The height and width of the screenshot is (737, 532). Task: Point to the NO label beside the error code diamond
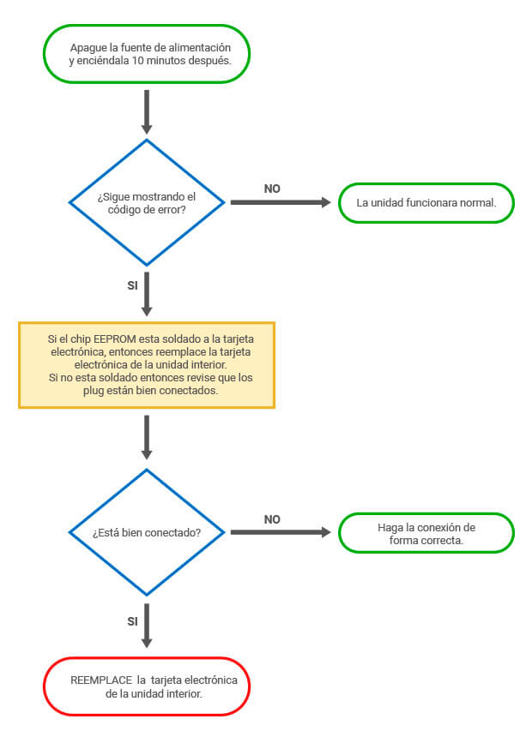pos(272,189)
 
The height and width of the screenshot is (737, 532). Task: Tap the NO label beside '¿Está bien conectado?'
pos(272,519)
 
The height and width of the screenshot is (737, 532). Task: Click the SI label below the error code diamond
pos(133,285)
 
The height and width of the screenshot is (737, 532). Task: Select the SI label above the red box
pos(133,621)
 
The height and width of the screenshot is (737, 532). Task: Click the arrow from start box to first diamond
pos(147,112)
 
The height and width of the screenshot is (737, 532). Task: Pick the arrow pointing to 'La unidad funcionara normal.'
pos(281,202)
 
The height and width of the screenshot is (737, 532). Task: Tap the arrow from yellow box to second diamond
pos(147,437)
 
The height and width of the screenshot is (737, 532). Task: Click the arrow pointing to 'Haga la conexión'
pos(281,532)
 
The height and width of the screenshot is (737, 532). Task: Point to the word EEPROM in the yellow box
pos(115,339)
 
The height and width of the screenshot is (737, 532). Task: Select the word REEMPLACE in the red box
pos(101,680)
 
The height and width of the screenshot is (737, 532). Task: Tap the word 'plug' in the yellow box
pos(93,391)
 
